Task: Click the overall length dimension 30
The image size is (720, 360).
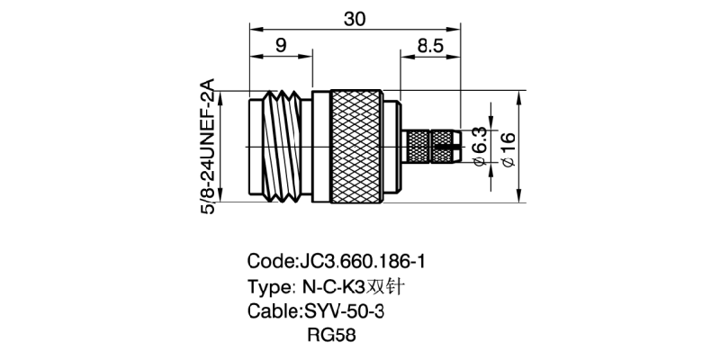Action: point(353,17)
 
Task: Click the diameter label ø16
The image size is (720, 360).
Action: point(506,148)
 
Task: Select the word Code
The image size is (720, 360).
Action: point(269,262)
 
